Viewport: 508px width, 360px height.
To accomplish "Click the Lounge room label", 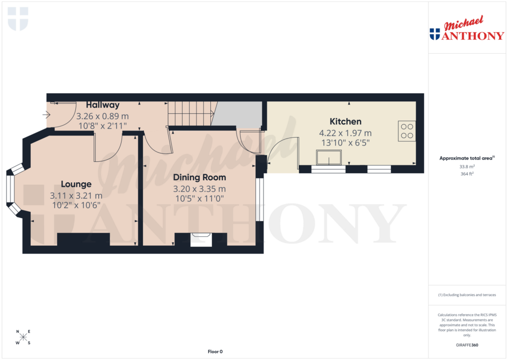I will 76,184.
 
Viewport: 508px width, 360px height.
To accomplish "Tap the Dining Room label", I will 199,177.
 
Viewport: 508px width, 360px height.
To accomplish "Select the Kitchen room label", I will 345,122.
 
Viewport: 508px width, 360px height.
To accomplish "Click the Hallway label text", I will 103,105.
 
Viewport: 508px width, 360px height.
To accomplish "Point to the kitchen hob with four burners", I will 407,130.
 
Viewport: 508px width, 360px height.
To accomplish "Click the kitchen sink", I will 328,158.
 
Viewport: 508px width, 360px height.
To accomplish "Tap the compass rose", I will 23,338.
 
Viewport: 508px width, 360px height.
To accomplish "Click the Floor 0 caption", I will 215,352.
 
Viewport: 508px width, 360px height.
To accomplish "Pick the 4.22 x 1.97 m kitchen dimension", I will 345,133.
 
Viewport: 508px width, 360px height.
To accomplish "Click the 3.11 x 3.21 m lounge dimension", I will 76,196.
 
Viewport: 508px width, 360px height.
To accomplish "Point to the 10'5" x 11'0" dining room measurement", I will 199,199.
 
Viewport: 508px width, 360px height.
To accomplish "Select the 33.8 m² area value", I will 466,167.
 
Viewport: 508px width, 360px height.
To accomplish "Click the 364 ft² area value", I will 466,174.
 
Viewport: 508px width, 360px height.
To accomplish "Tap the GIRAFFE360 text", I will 466,345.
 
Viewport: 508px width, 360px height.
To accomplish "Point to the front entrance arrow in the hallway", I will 47,115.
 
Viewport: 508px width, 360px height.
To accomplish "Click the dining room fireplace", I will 201,239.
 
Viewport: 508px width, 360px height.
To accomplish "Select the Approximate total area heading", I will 466,158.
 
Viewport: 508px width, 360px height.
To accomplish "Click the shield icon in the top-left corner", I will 18,19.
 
